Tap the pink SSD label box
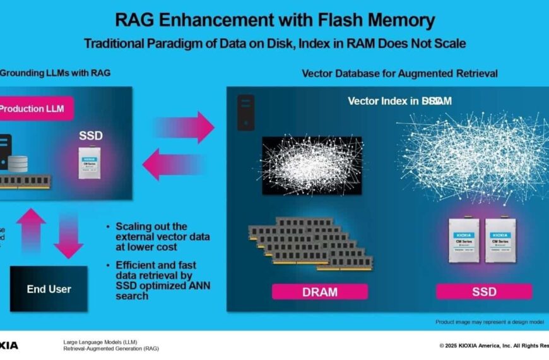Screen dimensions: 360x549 coord(483,291)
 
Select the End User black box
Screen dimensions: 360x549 coord(49,289)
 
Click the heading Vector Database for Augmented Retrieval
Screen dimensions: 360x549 coord(399,73)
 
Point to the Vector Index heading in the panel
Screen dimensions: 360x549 coord(399,101)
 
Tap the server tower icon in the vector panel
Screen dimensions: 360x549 coord(245,112)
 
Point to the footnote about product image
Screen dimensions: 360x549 coord(490,321)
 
